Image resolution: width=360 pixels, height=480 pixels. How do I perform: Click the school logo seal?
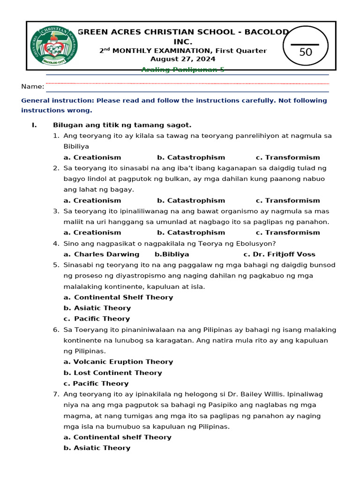click(54, 45)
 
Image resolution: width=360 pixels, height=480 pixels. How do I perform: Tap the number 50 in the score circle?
click(306, 52)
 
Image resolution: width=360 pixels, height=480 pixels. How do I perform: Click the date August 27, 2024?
click(183, 59)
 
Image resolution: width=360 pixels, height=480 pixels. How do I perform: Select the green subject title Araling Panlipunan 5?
click(183, 69)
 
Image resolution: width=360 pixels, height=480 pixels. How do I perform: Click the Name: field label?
click(33, 86)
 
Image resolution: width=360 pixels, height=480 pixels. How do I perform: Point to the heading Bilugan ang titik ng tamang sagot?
click(122, 125)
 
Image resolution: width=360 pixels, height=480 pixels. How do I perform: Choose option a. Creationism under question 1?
click(92, 157)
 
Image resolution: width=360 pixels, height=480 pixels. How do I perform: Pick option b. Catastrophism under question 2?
click(191, 201)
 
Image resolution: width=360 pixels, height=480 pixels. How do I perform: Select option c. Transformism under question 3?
click(288, 232)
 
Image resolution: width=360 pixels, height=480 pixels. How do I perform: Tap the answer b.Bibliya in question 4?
click(172, 255)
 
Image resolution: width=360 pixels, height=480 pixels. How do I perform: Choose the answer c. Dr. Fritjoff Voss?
click(279, 255)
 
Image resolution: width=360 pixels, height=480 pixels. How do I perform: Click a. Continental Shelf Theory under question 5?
click(118, 298)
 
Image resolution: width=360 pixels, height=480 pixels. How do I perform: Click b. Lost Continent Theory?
click(112, 373)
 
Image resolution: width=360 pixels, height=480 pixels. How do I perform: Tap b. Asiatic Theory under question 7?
click(97, 448)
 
